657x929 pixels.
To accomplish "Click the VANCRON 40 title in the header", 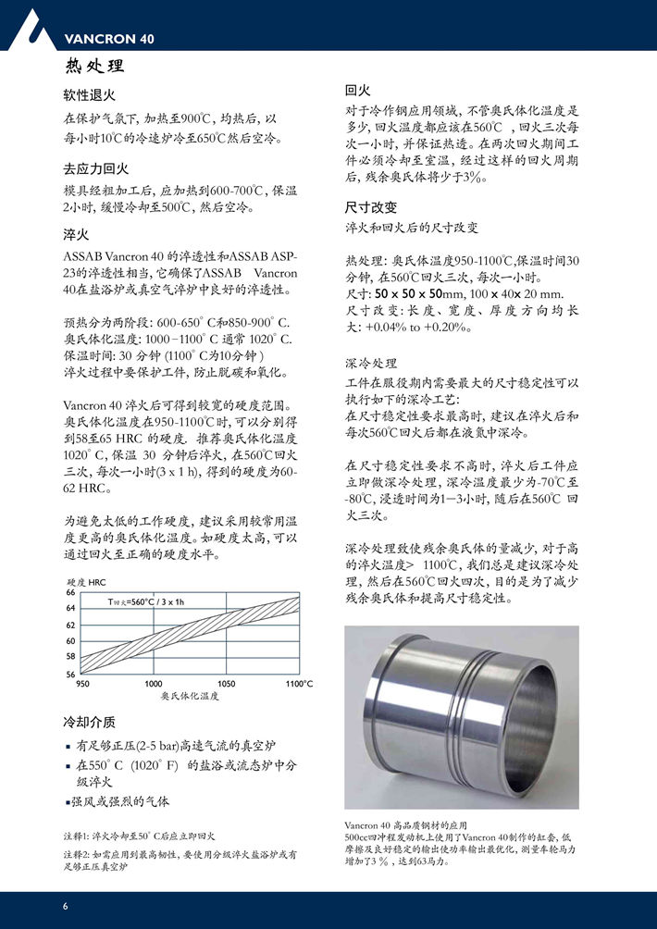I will pos(109,39).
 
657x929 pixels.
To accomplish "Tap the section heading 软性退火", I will pos(89,95).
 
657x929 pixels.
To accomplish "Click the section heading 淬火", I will pos(76,235).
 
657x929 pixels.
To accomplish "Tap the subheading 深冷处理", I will pos(371,363).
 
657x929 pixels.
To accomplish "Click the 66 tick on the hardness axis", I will pos(70,592).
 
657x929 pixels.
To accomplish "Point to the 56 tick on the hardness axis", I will pos(70,675).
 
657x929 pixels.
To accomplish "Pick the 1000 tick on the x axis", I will pos(154,684).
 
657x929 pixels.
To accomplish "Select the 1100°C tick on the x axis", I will pos(299,684).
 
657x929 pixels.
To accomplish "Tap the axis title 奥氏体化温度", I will pos(190,696).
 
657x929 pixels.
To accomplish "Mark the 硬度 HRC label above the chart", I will pos(88,582).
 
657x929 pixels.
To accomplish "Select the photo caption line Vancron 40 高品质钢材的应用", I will pos(406,824).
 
